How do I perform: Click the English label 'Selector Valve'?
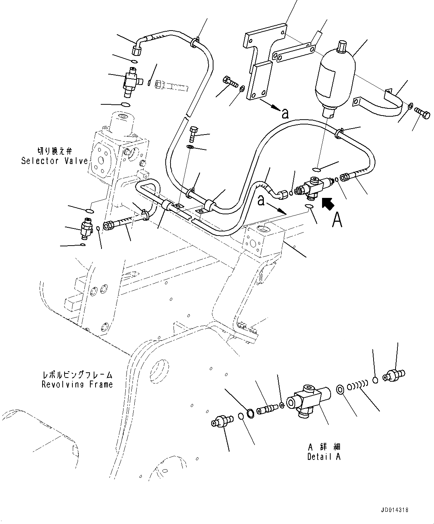(x=54, y=161)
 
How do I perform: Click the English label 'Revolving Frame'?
(x=77, y=384)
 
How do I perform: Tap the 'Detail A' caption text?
(x=324, y=457)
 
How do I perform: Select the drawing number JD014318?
(x=406, y=510)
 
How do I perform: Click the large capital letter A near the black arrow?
(x=337, y=220)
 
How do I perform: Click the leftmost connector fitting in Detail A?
(x=221, y=422)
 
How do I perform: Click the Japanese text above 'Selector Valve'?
(x=54, y=151)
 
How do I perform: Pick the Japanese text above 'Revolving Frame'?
(x=77, y=375)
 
